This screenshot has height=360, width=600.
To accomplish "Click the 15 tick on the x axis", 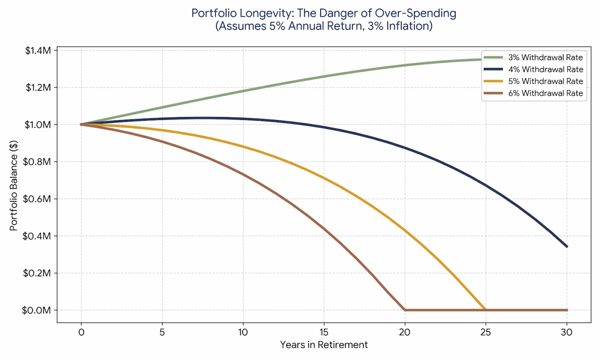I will pyautogui.click(x=324, y=332).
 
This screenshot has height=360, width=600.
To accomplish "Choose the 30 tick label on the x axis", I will pyautogui.click(x=567, y=332).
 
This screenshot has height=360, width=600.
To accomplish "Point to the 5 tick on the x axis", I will pyautogui.click(x=162, y=332).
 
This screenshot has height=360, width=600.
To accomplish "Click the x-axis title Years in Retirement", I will pyautogui.click(x=324, y=345).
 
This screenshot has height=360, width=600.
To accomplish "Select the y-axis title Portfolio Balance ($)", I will pyautogui.click(x=14, y=180).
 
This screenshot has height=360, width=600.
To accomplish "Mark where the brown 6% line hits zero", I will pyautogui.click(x=405, y=310).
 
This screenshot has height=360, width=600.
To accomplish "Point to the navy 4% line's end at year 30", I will pyautogui.click(x=567, y=247).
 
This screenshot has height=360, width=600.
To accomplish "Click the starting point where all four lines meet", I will pyautogui.click(x=81, y=124).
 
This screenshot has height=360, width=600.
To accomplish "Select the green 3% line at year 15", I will pyautogui.click(x=324, y=76).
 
